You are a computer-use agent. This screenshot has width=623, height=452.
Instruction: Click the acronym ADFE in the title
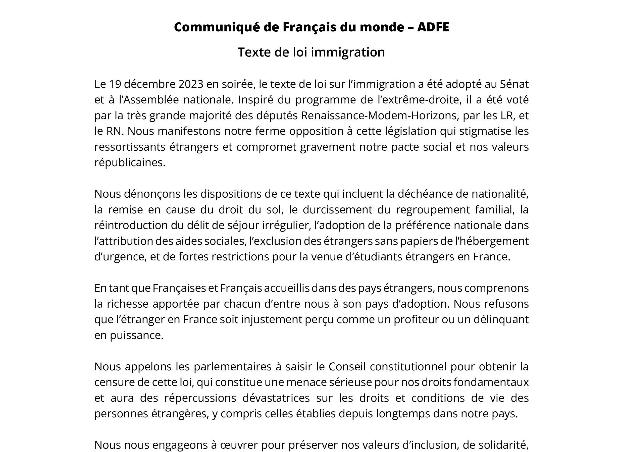tap(433, 27)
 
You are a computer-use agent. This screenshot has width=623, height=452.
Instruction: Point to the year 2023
tap(191, 84)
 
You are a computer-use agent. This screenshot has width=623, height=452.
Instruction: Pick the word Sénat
tap(514, 84)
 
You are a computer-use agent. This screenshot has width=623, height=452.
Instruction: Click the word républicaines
tap(130, 162)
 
